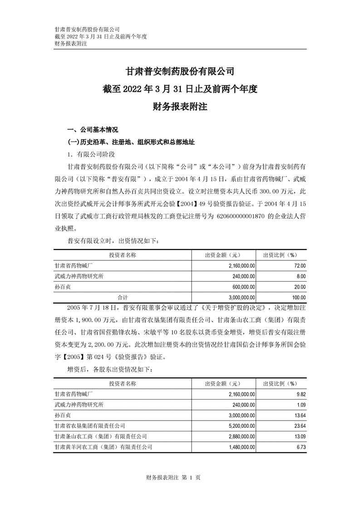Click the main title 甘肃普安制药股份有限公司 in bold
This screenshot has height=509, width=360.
coord(180,71)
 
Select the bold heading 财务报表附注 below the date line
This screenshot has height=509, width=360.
coord(180,107)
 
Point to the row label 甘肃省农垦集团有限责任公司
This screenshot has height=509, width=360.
coord(89,426)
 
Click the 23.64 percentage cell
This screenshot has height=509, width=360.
coord(300,426)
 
